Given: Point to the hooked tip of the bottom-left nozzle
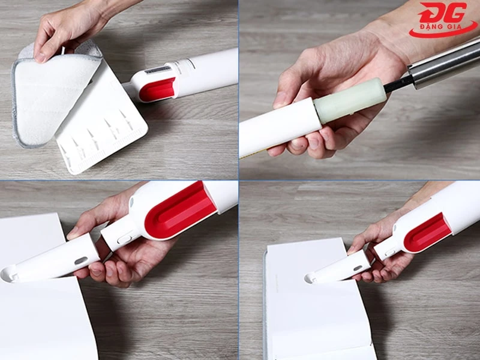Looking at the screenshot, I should (8, 275).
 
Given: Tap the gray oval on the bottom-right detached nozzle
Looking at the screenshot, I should (358, 268).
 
